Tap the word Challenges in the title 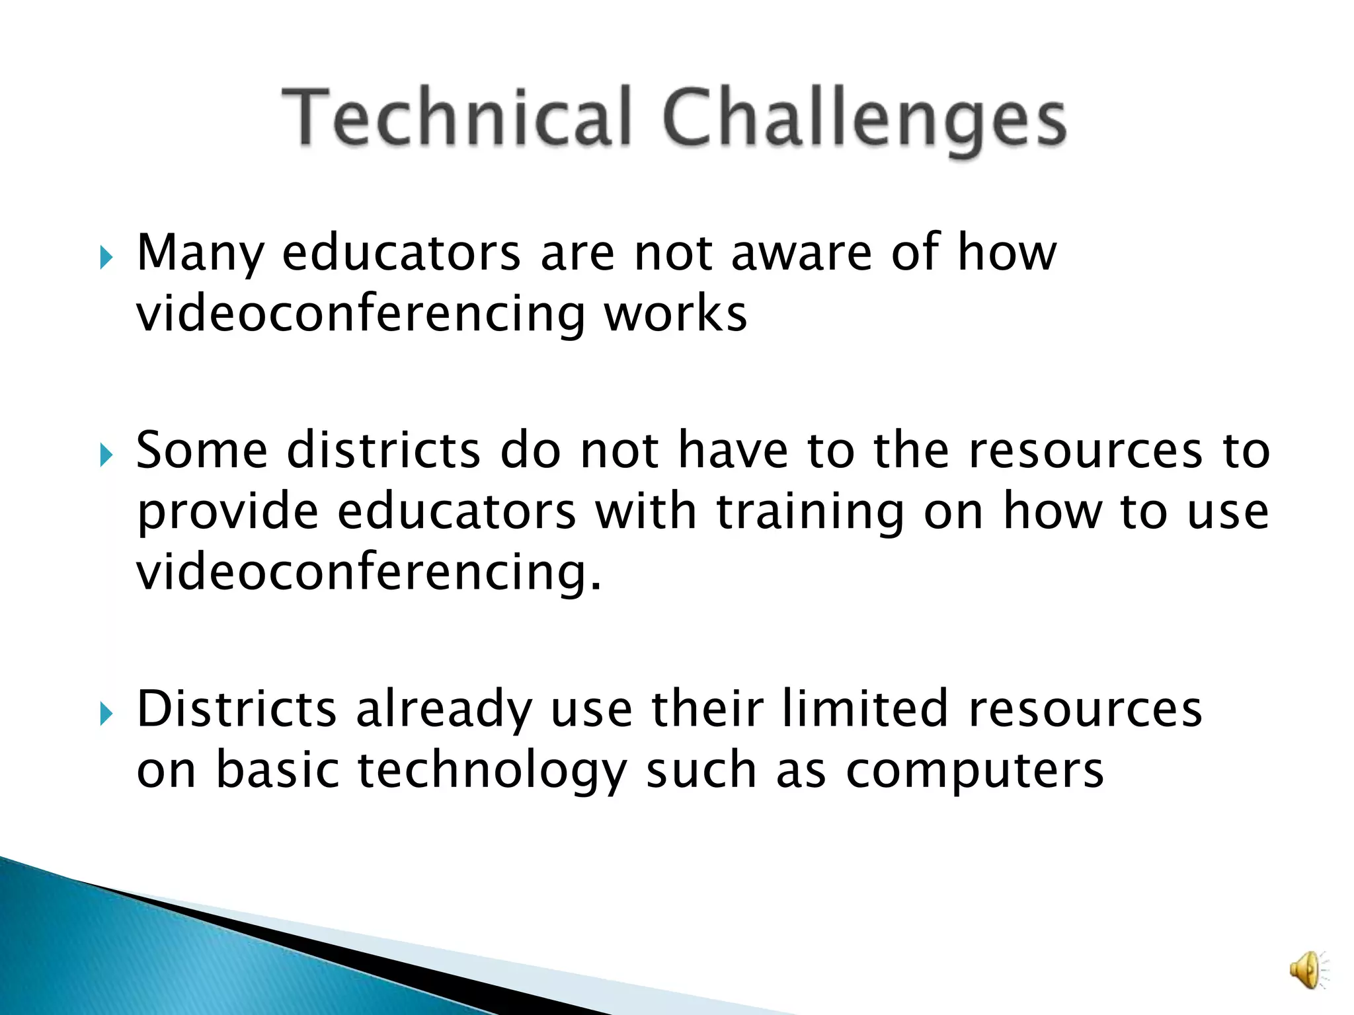tap(863, 119)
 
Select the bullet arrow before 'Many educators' tap(106, 256)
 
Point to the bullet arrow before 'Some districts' tap(106, 454)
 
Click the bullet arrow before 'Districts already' tap(106, 713)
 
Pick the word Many tap(200, 254)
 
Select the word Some tap(202, 450)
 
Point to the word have tap(733, 450)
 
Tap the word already tap(444, 710)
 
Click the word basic tap(278, 770)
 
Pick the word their tap(707, 708)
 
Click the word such tap(701, 770)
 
